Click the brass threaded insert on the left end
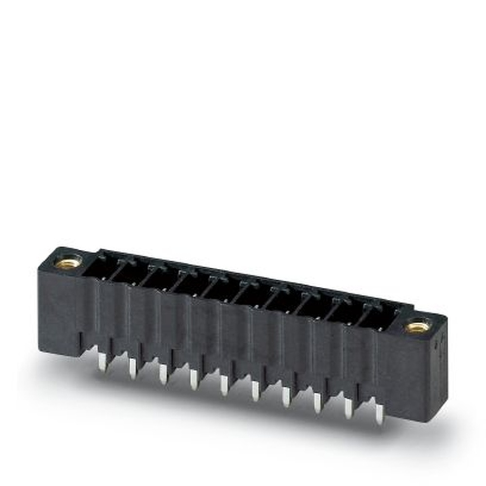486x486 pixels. [68, 263]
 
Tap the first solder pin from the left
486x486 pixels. [102, 362]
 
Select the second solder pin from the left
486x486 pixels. [133, 369]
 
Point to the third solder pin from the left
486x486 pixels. [163, 375]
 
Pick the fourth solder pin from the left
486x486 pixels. [193, 380]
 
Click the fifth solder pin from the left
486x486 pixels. [224, 385]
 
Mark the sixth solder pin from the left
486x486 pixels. [255, 391]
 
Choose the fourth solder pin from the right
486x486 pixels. [286, 397]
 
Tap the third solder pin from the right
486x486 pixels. [317, 403]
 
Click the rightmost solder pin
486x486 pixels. [379, 415]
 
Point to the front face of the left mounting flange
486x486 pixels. [61, 311]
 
